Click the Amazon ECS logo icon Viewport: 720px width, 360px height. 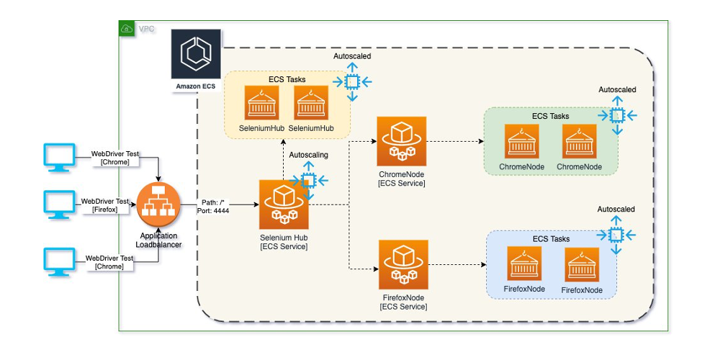pyautogui.click(x=196, y=54)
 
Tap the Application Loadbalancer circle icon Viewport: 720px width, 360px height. pyautogui.click(x=158, y=204)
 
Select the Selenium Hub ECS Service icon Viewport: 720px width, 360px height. pyautogui.click(x=284, y=204)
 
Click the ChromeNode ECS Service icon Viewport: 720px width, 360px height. pyautogui.click(x=402, y=141)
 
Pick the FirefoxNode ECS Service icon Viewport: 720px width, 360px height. pyautogui.click(x=404, y=264)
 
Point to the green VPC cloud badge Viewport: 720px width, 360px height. pyautogui.click(x=127, y=29)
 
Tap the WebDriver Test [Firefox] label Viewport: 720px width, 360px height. pyautogui.click(x=105, y=205)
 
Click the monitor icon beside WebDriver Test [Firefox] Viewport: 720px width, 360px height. pyautogui.click(x=59, y=204)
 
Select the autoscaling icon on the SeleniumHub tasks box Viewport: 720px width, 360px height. pyautogui.click(x=352, y=82)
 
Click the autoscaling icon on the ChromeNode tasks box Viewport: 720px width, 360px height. pyautogui.click(x=618, y=116)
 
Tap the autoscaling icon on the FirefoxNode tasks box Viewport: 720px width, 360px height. pyautogui.click(x=616, y=235)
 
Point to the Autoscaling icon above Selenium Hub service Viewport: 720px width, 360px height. pyautogui.click(x=309, y=181)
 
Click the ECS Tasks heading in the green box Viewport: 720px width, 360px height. pyautogui.click(x=551, y=116)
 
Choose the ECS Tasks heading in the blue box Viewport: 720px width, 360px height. pyautogui.click(x=551, y=239)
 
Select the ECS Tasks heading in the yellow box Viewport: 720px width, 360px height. pyautogui.click(x=287, y=79)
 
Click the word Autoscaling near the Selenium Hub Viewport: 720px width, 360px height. pyautogui.click(x=309, y=156)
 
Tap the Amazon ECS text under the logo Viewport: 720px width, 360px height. pyautogui.click(x=196, y=86)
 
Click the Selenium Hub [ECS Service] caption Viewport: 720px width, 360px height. pyautogui.click(x=284, y=242)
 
